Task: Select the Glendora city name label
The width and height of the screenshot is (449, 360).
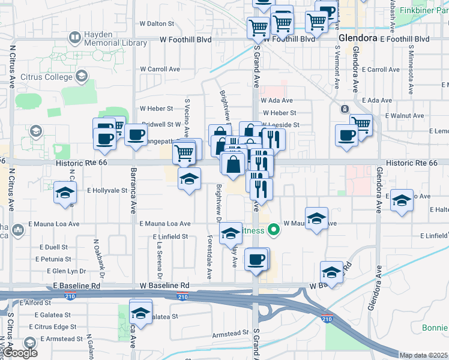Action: [x=358, y=38]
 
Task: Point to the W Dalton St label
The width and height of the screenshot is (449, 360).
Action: [x=156, y=24]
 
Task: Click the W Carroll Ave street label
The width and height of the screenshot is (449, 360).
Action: [x=160, y=69]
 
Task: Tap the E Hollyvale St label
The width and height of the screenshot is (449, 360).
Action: [x=107, y=190]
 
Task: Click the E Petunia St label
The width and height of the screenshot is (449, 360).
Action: [x=54, y=259]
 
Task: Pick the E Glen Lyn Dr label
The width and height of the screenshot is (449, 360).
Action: [x=56, y=271]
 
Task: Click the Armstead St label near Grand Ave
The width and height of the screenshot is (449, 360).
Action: [x=231, y=332]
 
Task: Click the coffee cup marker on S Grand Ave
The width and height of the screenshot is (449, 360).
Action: [x=257, y=259]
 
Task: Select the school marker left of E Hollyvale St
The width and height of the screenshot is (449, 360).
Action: [x=65, y=193]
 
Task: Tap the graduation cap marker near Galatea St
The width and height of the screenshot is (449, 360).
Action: [x=141, y=313]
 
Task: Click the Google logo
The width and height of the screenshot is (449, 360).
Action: [x=21, y=354]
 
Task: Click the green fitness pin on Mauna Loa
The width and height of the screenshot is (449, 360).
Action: [x=274, y=229]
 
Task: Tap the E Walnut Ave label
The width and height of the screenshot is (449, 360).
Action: [x=405, y=115]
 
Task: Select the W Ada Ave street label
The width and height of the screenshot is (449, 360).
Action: [x=277, y=100]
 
